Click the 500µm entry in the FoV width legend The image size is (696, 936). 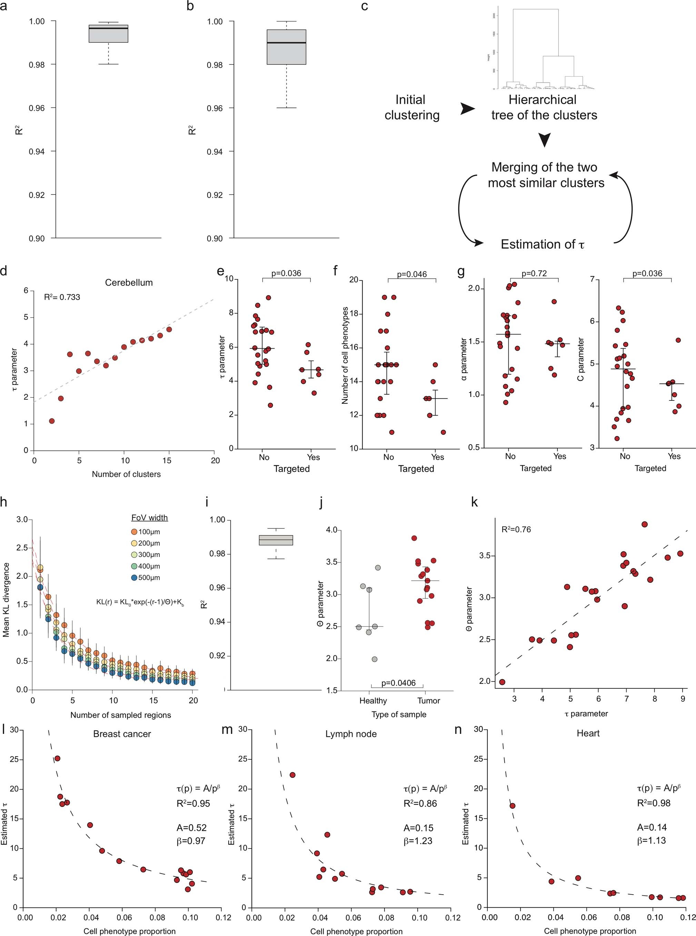[x=149, y=578]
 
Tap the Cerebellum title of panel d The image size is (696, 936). [x=129, y=283]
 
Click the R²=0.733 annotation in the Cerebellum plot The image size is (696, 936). [x=62, y=297]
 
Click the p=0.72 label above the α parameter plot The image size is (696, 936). [x=534, y=273]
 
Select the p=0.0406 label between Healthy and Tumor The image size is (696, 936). [x=398, y=683]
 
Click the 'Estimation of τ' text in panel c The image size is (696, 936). [x=542, y=244]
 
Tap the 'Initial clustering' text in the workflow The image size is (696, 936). [x=411, y=107]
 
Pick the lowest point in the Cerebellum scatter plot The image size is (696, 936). [x=52, y=421]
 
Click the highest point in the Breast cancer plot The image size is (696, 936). [x=57, y=758]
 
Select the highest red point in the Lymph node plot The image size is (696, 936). [x=292, y=775]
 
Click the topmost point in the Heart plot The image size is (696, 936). [x=512, y=805]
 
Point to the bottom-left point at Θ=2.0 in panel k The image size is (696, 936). [x=502, y=681]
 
